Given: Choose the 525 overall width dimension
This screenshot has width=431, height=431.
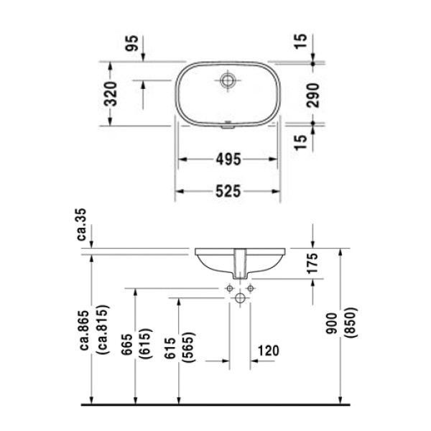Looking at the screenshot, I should click(228, 191).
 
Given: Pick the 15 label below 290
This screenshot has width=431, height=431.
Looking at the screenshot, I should click(301, 136).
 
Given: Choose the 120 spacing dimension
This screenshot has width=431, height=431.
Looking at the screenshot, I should click(267, 351).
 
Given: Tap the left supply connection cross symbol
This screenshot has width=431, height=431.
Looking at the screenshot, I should click(229, 288).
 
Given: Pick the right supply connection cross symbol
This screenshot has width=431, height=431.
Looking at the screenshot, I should click(251, 288).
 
